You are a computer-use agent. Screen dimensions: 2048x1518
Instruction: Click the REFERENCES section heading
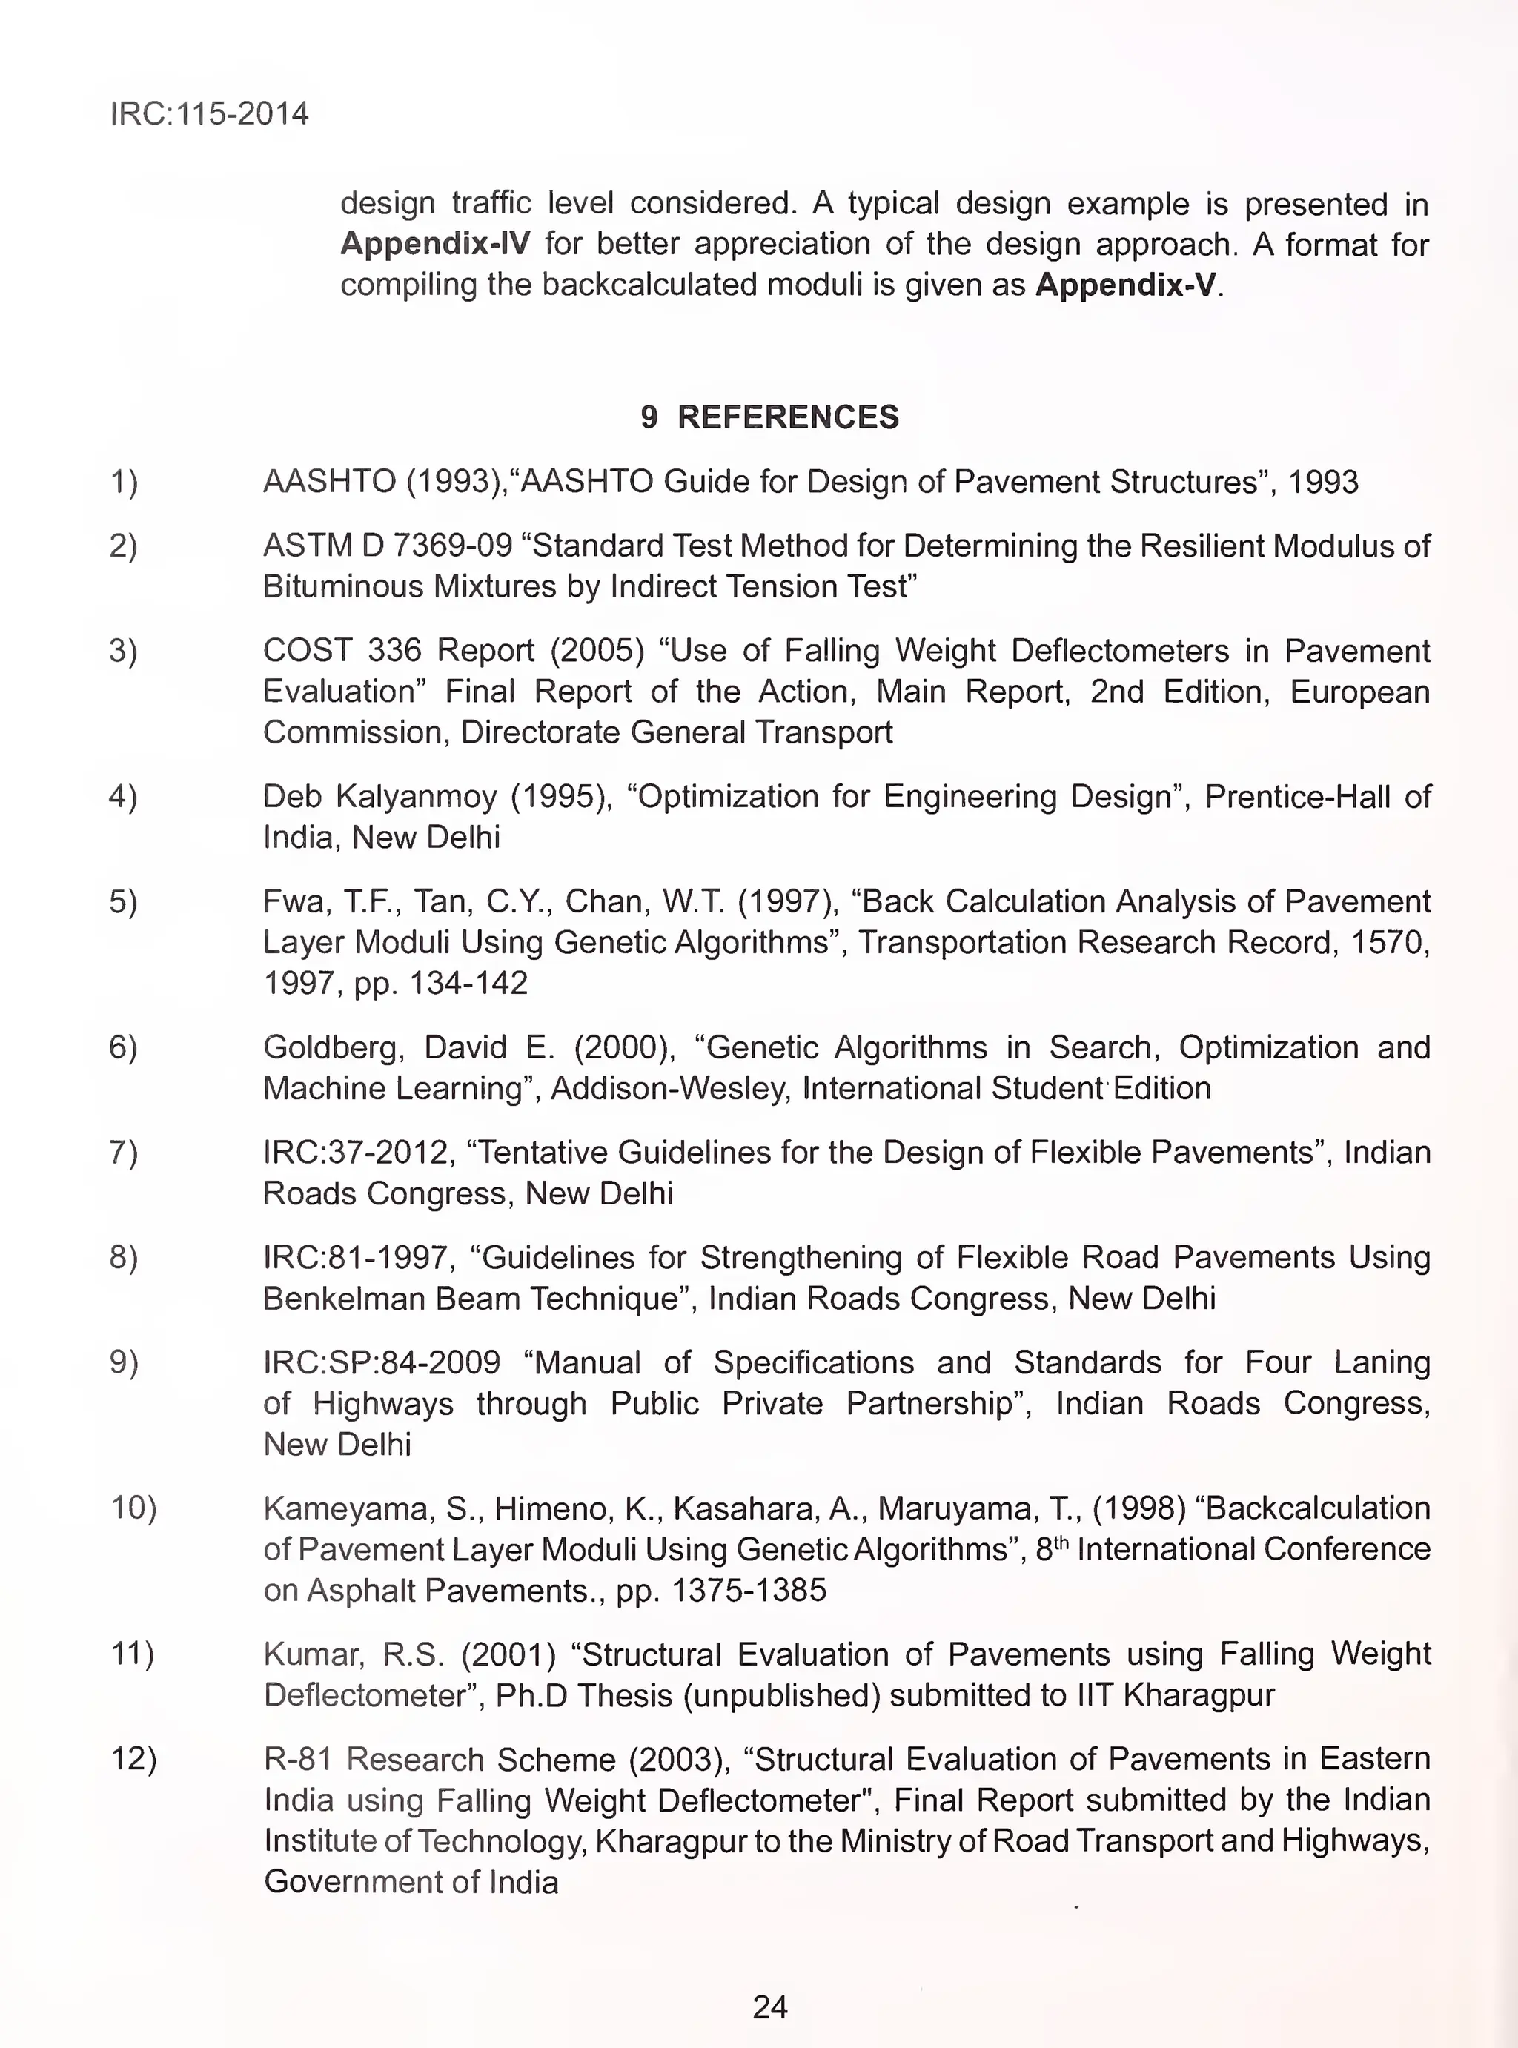tap(787, 417)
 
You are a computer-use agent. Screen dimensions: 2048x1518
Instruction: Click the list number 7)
tap(124, 1152)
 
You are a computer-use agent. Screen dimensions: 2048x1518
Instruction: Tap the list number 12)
tap(134, 1759)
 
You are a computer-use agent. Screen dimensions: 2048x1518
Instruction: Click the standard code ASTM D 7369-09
tap(387, 546)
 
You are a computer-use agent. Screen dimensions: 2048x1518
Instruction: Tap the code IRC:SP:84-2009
tap(381, 1362)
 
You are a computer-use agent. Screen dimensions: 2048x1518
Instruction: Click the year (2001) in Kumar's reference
tap(508, 1654)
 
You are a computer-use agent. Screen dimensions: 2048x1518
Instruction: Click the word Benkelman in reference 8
tap(334, 1299)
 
